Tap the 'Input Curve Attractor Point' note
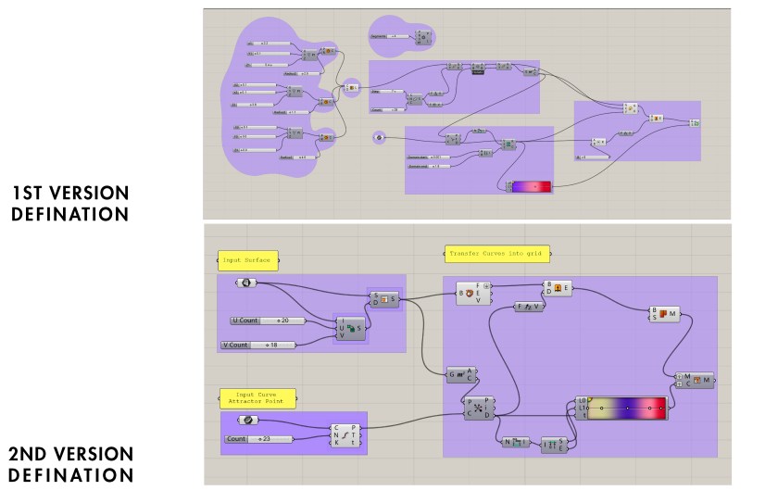[x=257, y=398]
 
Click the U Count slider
[x=274, y=321]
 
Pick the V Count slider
[x=258, y=345]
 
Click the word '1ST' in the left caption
[x=33, y=194]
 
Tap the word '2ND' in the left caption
[x=32, y=455]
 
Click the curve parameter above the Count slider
[x=247, y=421]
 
